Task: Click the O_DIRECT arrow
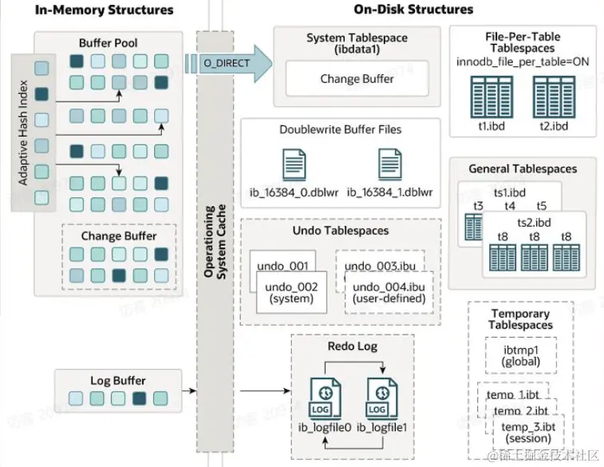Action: tap(227, 63)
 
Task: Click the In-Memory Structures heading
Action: tap(104, 10)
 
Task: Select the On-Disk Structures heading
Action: tap(413, 10)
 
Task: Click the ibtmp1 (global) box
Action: tap(521, 355)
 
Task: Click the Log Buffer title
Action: tap(117, 381)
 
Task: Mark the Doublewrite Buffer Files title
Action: tap(341, 129)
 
